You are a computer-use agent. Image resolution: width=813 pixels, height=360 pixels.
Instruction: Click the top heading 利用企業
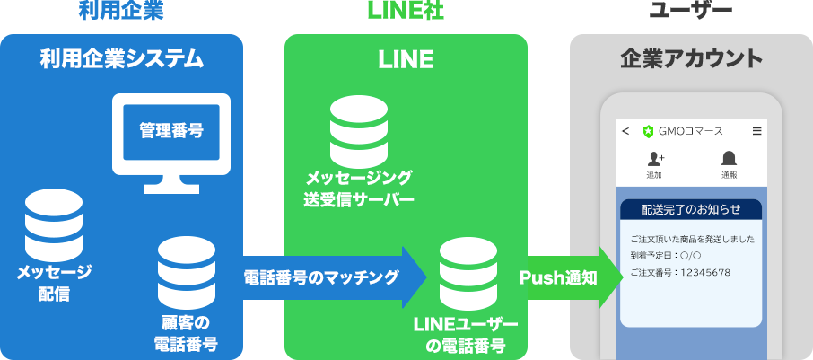(121, 11)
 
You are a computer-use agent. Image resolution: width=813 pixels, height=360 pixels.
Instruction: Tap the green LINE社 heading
(406, 11)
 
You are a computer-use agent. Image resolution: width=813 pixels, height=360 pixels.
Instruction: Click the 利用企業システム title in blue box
(121, 59)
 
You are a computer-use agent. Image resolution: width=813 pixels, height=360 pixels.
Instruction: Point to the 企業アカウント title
(691, 59)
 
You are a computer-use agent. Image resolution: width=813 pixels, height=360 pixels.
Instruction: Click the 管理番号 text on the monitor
(171, 131)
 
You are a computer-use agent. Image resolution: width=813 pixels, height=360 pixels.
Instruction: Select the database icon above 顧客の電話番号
(186, 273)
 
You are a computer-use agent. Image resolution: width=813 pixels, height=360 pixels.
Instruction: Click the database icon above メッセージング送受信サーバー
(359, 132)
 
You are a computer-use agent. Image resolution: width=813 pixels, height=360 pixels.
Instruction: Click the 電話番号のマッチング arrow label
(321, 278)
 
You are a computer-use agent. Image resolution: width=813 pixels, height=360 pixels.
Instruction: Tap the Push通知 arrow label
(558, 278)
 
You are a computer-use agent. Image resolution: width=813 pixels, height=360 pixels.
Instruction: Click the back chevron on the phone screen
(625, 131)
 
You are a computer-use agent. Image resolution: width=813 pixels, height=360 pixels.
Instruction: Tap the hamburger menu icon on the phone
(757, 131)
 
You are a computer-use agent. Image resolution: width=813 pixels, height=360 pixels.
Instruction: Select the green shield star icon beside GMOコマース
(648, 131)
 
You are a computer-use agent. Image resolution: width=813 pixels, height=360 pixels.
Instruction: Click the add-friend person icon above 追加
(656, 158)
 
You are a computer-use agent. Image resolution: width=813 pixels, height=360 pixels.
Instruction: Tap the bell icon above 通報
(729, 158)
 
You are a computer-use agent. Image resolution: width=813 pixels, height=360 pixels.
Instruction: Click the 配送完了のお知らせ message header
(691, 209)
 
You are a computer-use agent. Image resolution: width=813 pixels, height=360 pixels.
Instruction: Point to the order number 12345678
(705, 272)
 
